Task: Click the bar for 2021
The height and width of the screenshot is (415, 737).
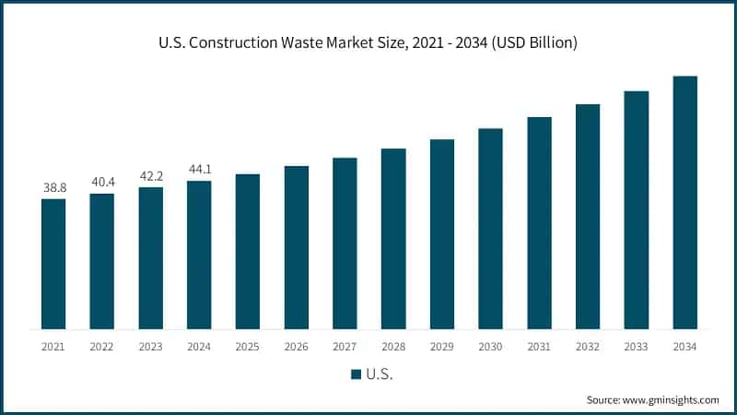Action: pos(53,264)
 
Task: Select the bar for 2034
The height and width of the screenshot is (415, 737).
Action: pos(684,202)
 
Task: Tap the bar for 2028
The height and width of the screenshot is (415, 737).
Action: pos(393,239)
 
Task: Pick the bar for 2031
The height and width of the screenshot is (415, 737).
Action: pos(539,223)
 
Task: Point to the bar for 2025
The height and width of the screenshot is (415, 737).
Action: pos(248,251)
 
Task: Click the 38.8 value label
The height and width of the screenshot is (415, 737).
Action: pos(53,187)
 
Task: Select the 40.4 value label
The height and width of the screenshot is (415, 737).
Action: pos(102,182)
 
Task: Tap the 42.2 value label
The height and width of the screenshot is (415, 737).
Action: pos(151,176)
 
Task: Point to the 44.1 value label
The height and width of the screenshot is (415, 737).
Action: pos(199,170)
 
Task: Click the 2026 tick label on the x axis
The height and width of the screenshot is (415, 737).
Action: pos(297,347)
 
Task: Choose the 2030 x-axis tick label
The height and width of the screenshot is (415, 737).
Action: pos(490,347)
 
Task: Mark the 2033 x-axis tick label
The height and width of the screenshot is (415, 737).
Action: pos(636,347)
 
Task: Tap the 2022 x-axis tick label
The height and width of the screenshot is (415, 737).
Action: pos(102,347)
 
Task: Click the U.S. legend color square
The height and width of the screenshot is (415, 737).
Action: pos(355,374)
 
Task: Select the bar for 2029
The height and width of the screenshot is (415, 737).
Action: pos(442,234)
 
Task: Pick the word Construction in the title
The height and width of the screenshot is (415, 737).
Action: pos(239,43)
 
